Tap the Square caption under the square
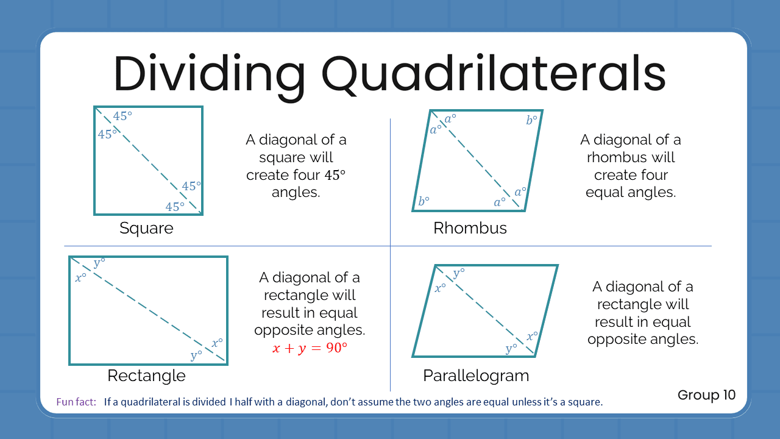(146, 229)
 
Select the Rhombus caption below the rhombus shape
(470, 229)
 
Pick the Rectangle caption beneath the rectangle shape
(146, 376)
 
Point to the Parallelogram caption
(476, 376)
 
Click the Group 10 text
(706, 395)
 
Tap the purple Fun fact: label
(76, 402)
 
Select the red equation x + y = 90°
(309, 349)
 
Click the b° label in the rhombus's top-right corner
(532, 121)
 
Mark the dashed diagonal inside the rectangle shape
(148, 311)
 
